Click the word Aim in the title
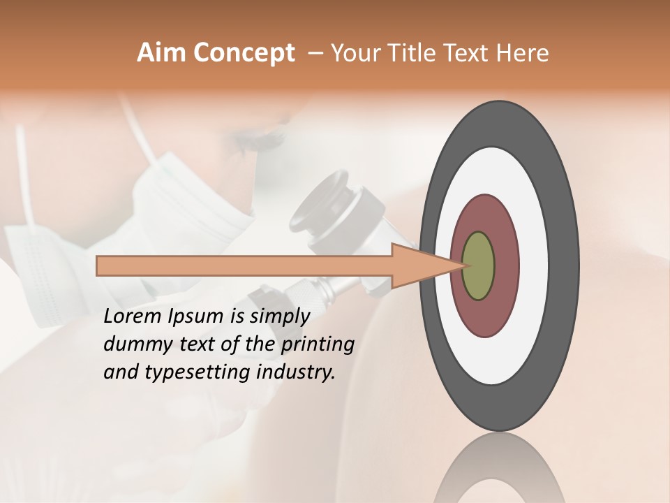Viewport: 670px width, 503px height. (x=162, y=53)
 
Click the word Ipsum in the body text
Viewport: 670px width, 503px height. (x=196, y=316)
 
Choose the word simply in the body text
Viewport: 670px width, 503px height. (x=279, y=316)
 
